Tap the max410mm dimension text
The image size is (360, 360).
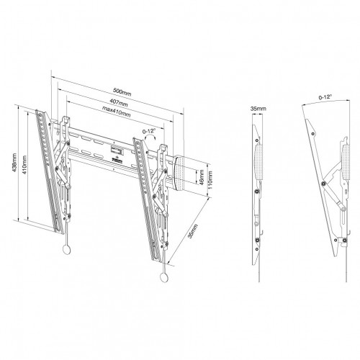(x=115, y=109)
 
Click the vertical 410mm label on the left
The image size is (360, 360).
(x=24, y=167)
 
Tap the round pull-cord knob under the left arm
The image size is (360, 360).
(x=68, y=250)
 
